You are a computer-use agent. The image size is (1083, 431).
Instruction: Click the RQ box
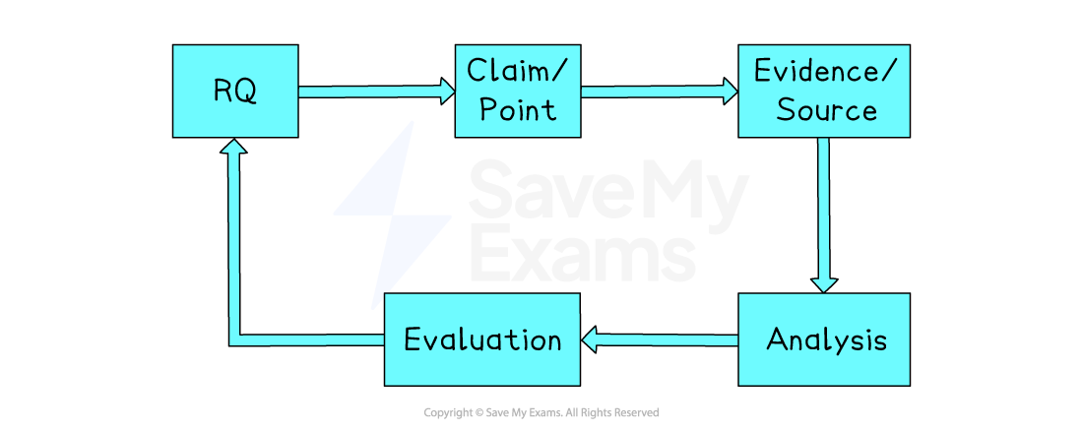pyautogui.click(x=235, y=91)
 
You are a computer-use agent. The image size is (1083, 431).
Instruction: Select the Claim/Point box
pyautogui.click(x=518, y=91)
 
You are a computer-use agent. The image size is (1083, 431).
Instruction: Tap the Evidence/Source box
pyautogui.click(x=824, y=91)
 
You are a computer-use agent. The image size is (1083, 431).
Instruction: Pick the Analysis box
pyautogui.click(x=824, y=339)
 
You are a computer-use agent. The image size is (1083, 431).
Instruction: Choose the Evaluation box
pyautogui.click(x=481, y=339)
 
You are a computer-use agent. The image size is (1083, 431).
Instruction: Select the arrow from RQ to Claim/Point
pyautogui.click(x=374, y=92)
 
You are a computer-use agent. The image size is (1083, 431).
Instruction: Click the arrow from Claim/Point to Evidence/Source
pyautogui.click(x=658, y=92)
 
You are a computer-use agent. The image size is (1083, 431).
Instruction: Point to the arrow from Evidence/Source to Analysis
pyautogui.click(x=823, y=212)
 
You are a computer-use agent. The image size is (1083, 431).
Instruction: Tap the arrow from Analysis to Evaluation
pyautogui.click(x=660, y=340)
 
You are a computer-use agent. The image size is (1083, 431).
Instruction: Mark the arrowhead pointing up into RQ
pyautogui.click(x=233, y=148)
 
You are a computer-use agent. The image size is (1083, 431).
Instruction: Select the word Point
pyautogui.click(x=518, y=108)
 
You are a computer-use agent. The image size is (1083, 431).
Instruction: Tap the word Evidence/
pyautogui.click(x=824, y=72)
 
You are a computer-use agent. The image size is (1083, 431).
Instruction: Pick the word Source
pyautogui.click(x=826, y=109)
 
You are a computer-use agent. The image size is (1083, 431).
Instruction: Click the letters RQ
pyautogui.click(x=235, y=92)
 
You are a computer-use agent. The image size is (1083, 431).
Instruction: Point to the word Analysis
pyautogui.click(x=826, y=340)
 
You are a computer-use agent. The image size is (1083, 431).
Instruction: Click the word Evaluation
pyautogui.click(x=482, y=340)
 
